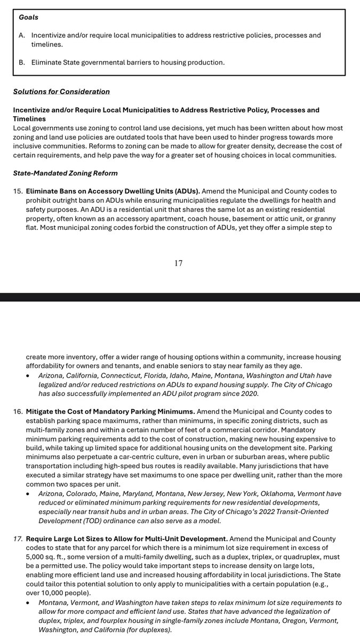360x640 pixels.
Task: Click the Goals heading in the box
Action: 29,17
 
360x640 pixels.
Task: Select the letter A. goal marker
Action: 22,35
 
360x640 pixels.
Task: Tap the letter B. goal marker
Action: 22,62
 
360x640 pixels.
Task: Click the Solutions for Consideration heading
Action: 61,91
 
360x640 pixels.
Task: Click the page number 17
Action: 179,263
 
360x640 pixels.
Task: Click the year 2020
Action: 248,393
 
